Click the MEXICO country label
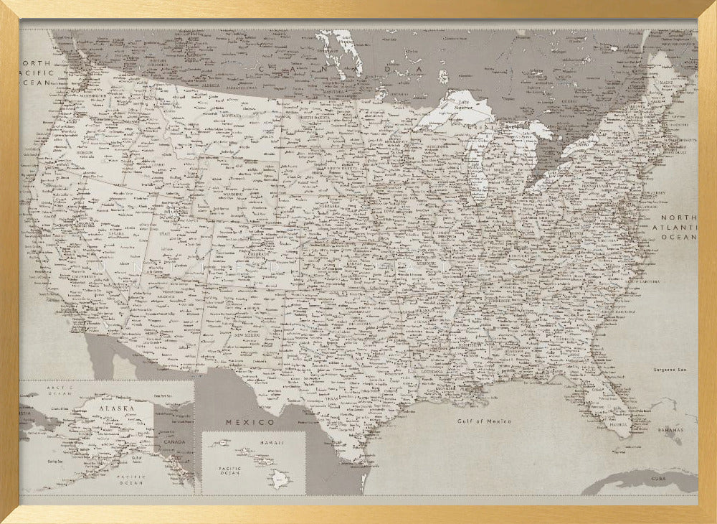pos(250,422)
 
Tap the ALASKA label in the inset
pos(117,408)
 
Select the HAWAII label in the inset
pos(267,443)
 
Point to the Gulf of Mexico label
pos(485,421)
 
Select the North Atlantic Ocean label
pos(678,227)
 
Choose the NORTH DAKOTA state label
pos(316,117)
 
